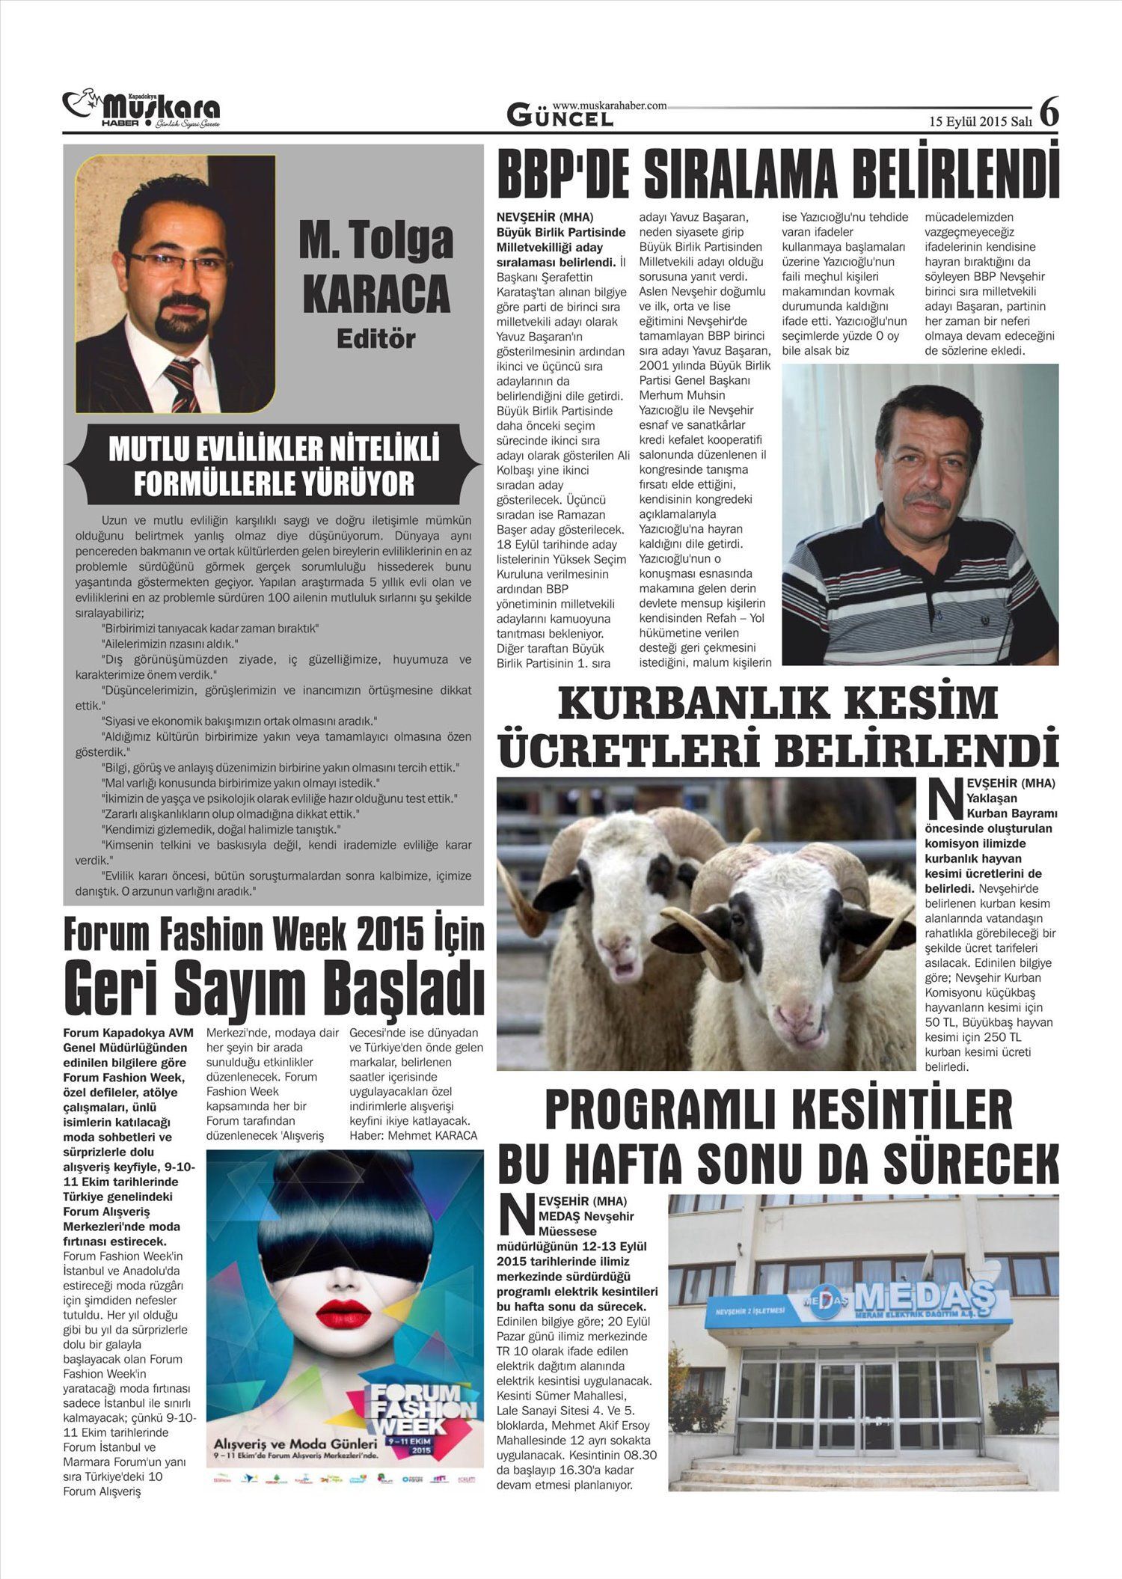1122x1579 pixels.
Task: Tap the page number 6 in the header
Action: [1049, 112]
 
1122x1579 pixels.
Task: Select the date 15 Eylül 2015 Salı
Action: [980, 120]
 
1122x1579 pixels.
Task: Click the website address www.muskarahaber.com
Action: [610, 106]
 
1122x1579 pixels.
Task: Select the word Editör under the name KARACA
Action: [375, 339]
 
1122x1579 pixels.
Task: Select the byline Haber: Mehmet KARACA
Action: [413, 1135]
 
